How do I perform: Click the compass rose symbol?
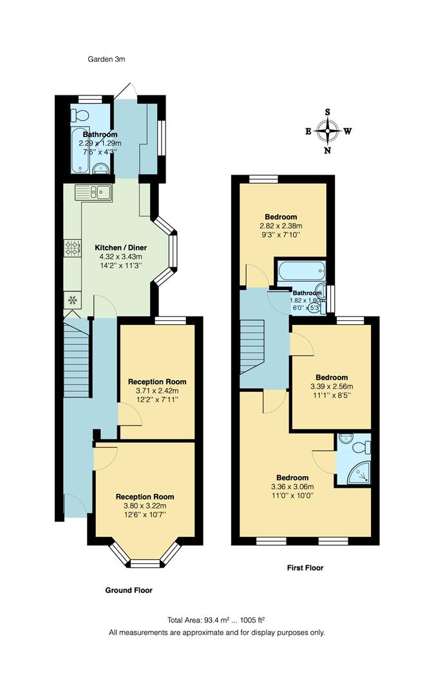328,131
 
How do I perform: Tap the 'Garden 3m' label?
106,59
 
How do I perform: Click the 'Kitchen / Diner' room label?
121,247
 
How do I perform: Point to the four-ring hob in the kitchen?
72,247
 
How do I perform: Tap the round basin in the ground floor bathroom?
99,169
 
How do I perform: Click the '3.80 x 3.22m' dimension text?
145,506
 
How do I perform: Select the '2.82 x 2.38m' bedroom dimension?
281,226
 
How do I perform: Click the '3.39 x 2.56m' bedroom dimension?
332,387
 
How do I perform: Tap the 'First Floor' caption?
305,568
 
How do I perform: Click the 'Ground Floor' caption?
129,590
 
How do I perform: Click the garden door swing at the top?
129,91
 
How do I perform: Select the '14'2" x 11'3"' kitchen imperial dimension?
120,266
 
